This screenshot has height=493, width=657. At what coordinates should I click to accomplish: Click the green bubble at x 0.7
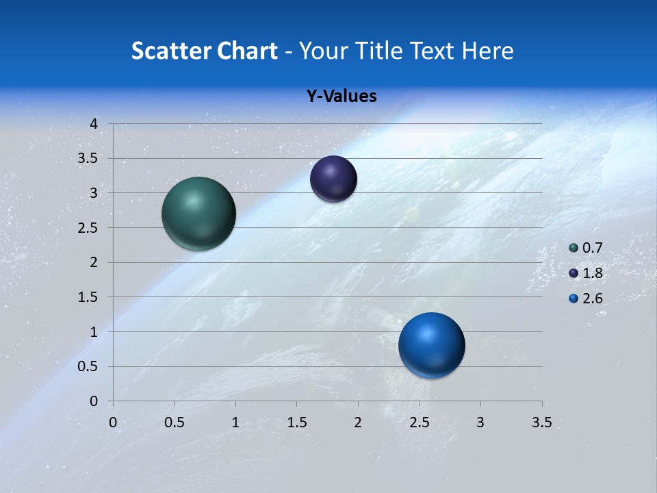[198, 214]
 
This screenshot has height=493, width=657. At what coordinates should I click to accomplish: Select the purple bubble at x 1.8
[333, 179]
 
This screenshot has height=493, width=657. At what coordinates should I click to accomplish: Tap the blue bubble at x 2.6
[431, 345]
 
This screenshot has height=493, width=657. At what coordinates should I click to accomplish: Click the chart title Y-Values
[341, 97]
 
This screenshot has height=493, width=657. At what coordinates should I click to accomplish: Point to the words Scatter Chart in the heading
[205, 51]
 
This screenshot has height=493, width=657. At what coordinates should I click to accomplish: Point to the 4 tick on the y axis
[94, 124]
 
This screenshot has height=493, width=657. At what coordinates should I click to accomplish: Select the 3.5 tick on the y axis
[89, 159]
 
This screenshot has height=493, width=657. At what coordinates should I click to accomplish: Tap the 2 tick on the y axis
[94, 262]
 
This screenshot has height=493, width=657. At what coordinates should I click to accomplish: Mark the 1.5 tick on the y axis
[89, 297]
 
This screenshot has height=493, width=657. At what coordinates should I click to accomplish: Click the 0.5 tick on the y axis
[89, 366]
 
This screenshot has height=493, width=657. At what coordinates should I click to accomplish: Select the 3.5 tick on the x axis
[541, 422]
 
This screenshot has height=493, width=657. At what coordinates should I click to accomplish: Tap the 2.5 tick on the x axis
[419, 422]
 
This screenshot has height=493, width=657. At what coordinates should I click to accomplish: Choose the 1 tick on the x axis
[235, 422]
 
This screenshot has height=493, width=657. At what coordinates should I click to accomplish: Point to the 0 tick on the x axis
[113, 422]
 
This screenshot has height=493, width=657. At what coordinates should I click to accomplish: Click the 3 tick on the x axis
[480, 422]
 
